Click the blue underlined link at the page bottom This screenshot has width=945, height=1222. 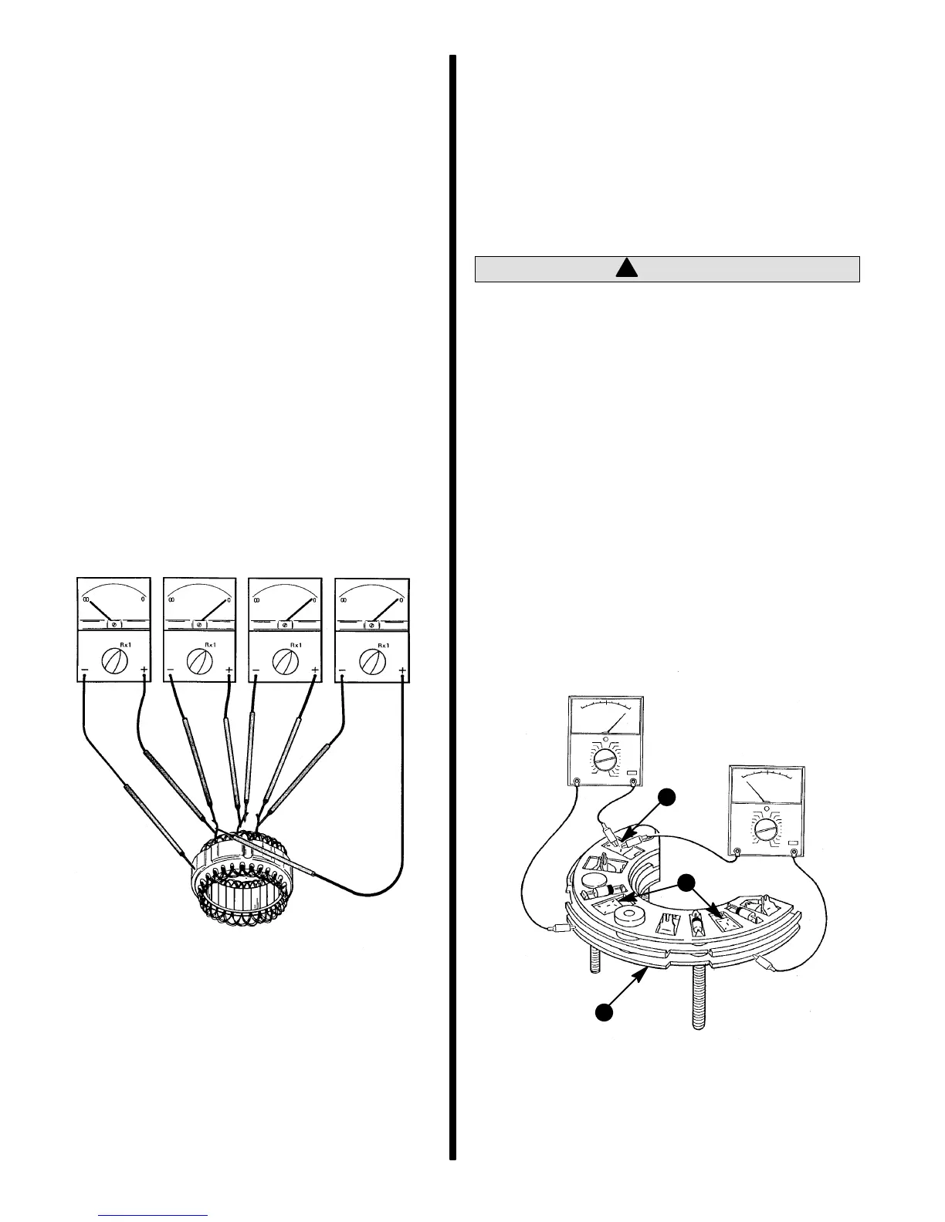(x=154, y=1217)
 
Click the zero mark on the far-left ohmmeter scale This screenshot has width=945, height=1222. (x=143, y=599)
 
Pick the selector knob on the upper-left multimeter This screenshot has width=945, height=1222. (x=605, y=761)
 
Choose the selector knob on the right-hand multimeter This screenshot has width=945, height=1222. (x=766, y=830)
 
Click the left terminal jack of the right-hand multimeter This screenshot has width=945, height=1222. (x=737, y=852)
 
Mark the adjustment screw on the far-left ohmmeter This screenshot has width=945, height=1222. (x=114, y=623)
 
